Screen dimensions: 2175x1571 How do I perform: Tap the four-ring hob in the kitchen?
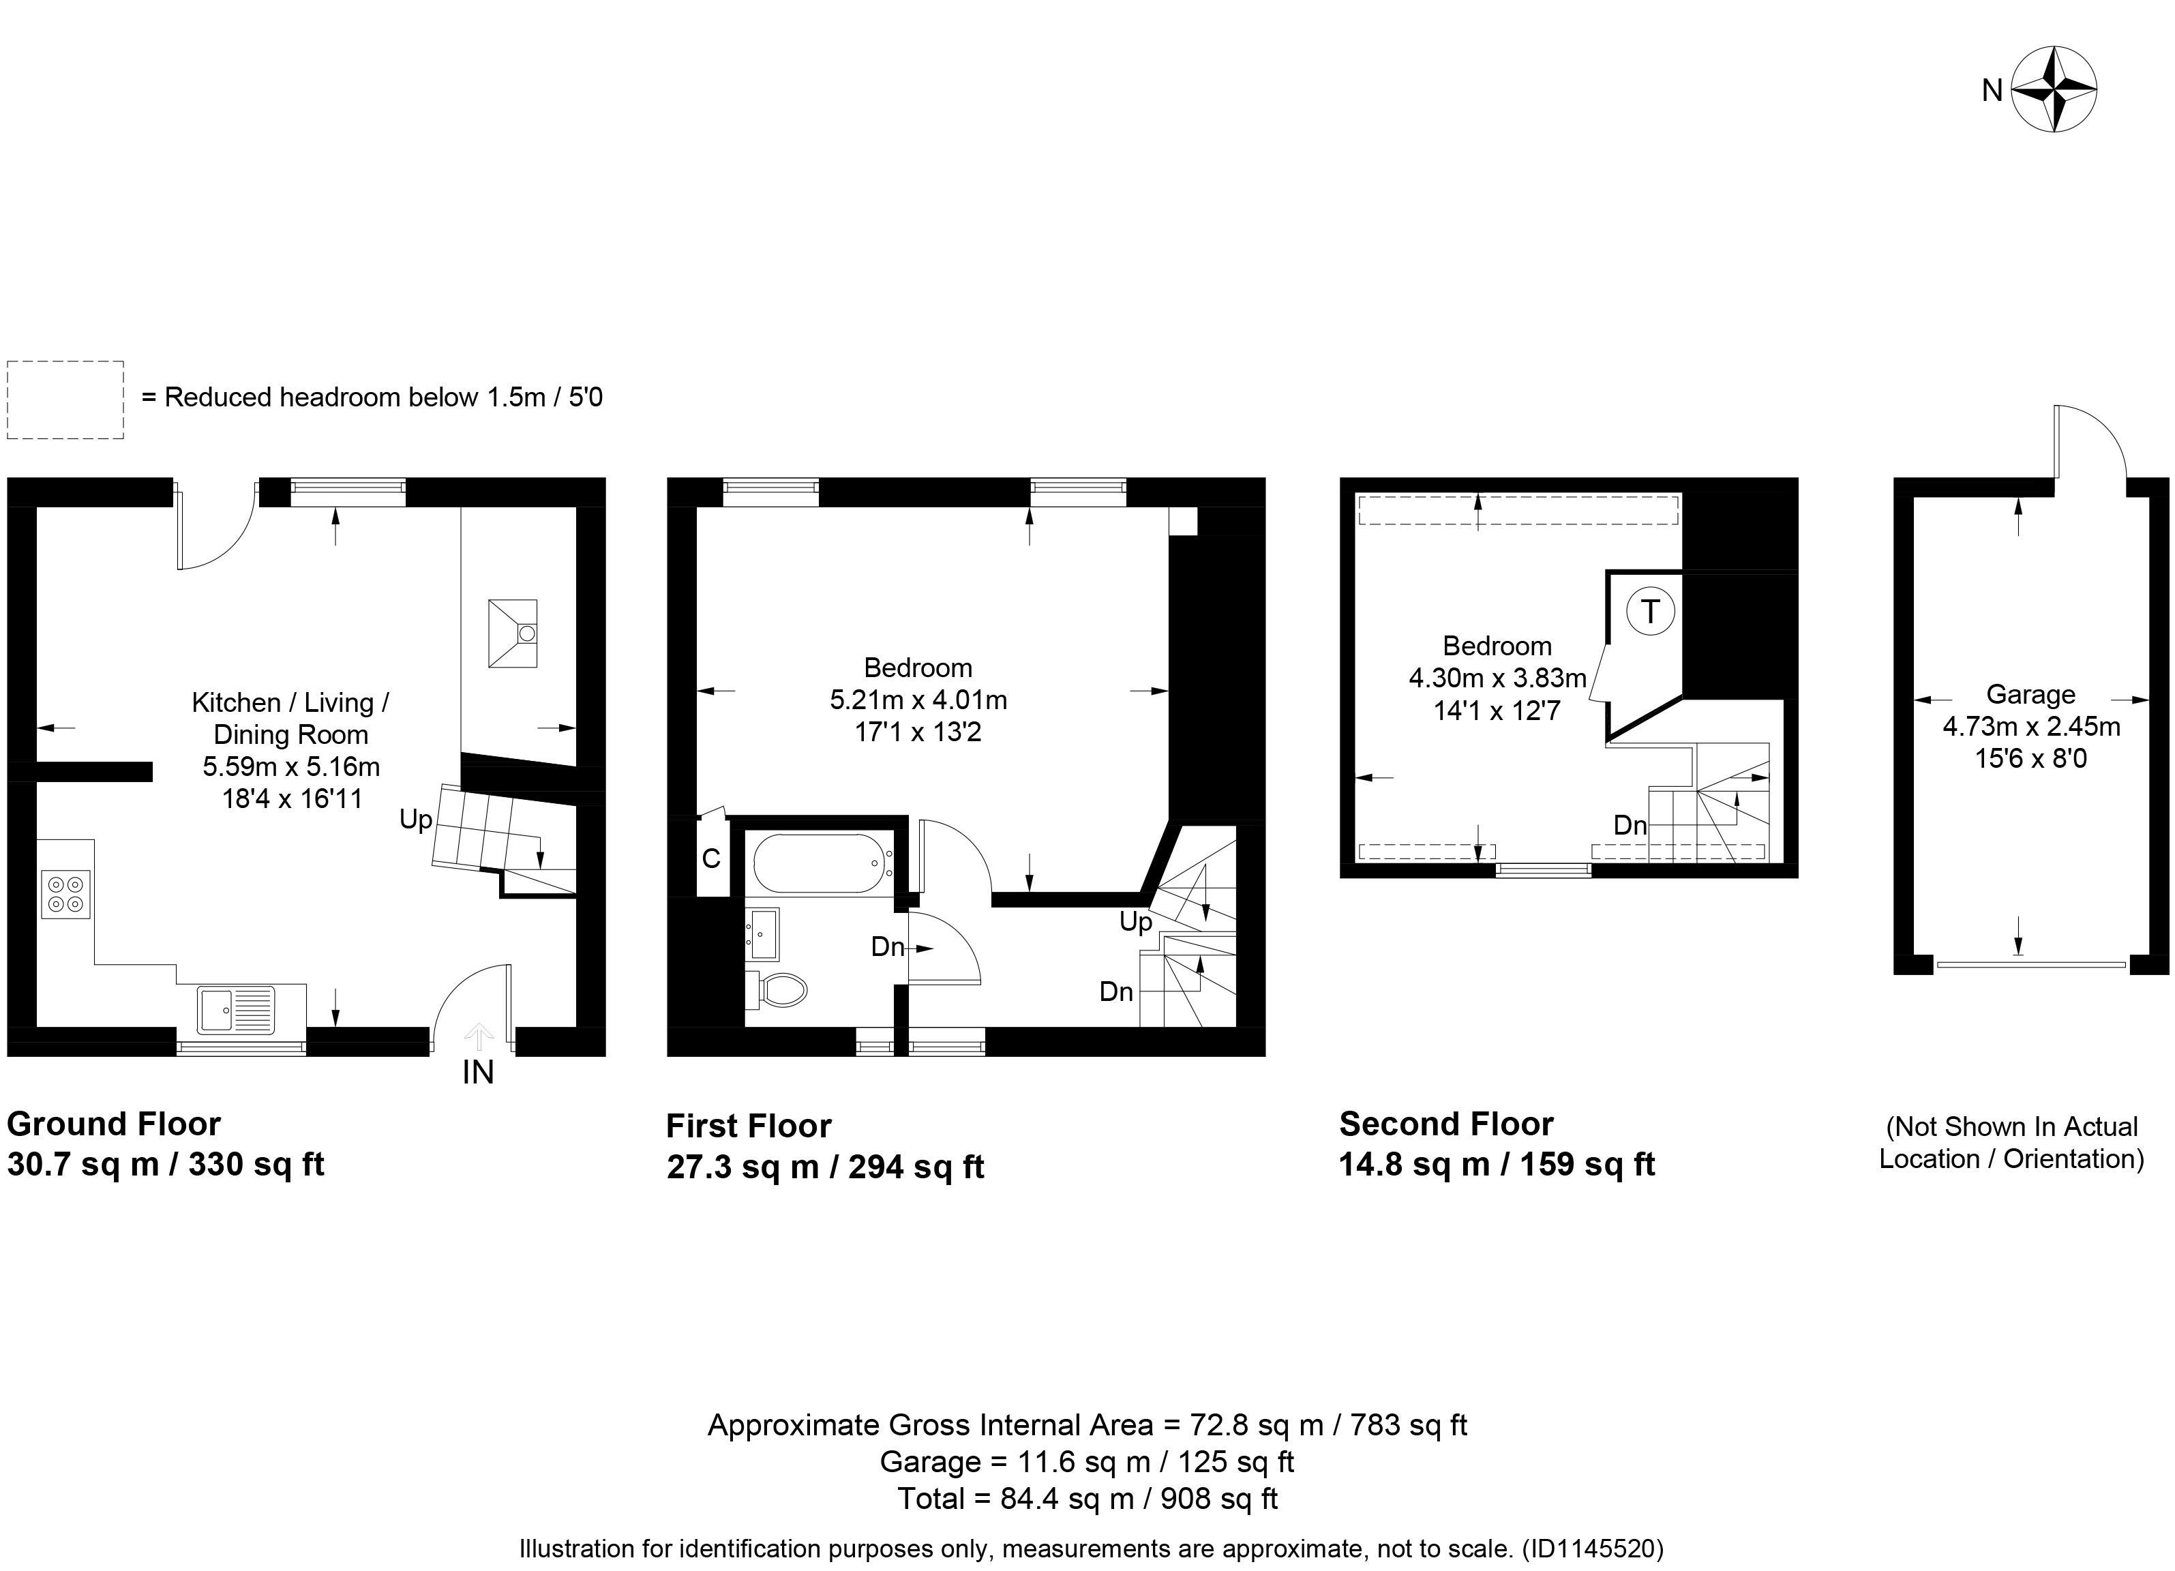pos(66,894)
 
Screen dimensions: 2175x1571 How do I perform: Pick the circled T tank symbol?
pos(1649,611)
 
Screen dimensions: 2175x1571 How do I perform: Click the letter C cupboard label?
pos(710,858)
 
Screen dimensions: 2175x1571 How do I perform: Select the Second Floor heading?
pos(1446,1123)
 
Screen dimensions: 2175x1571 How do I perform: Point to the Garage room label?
pos(2030,693)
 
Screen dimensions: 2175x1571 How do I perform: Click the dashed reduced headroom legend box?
pos(65,400)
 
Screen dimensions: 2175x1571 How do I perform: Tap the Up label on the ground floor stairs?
pos(415,820)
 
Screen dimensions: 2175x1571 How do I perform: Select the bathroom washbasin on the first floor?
pos(764,934)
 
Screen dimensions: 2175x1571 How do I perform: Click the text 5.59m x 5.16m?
pos(292,766)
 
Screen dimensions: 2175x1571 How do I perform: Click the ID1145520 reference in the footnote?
pos(1592,1548)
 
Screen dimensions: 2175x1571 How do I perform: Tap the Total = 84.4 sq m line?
pos(1087,1498)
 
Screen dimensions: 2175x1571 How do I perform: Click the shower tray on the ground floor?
pos(513,633)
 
